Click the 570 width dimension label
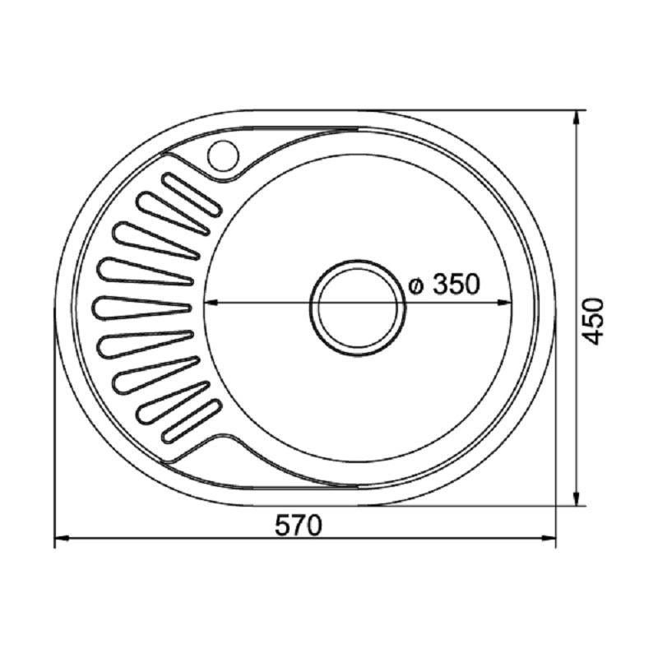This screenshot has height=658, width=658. point(299,526)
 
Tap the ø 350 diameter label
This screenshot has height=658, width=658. point(444,284)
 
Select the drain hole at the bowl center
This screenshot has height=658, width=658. point(358,308)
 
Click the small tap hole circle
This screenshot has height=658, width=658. point(223,155)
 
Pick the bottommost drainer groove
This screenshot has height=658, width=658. point(191,421)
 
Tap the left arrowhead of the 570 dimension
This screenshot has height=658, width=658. point(61,538)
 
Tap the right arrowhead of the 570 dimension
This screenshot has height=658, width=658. point(549,538)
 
